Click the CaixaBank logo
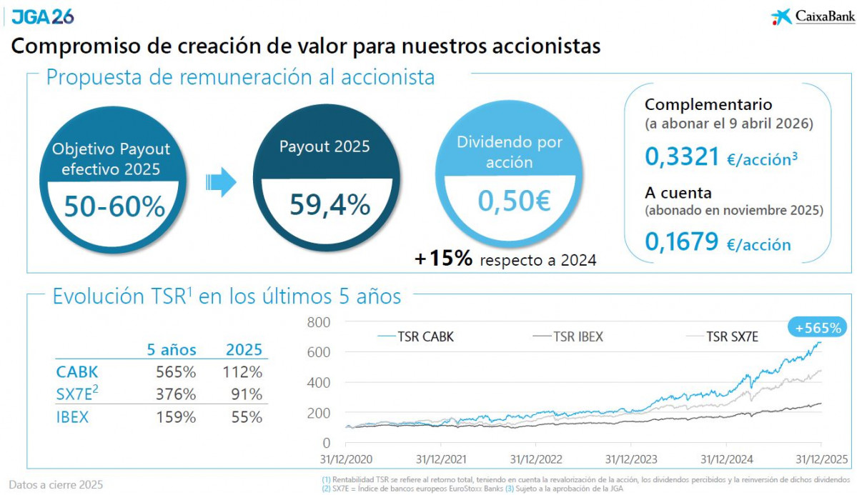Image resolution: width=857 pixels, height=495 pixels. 808,16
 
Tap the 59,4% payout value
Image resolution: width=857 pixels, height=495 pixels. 330,205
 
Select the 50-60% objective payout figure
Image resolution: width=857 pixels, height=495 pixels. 114,207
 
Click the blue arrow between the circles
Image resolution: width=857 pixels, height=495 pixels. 221,182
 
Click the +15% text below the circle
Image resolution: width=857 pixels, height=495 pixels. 444,259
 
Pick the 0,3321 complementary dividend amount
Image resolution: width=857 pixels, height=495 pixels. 681,156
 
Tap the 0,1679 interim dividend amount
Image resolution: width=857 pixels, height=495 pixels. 681,242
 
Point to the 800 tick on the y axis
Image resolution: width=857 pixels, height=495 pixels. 320,322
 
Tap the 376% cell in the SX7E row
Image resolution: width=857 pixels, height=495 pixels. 175,394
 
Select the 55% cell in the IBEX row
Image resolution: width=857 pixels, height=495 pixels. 247,417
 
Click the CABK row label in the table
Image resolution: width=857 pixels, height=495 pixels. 76,372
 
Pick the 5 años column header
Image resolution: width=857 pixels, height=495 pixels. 172,350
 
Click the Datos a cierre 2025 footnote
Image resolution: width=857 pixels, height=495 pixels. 56,484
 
